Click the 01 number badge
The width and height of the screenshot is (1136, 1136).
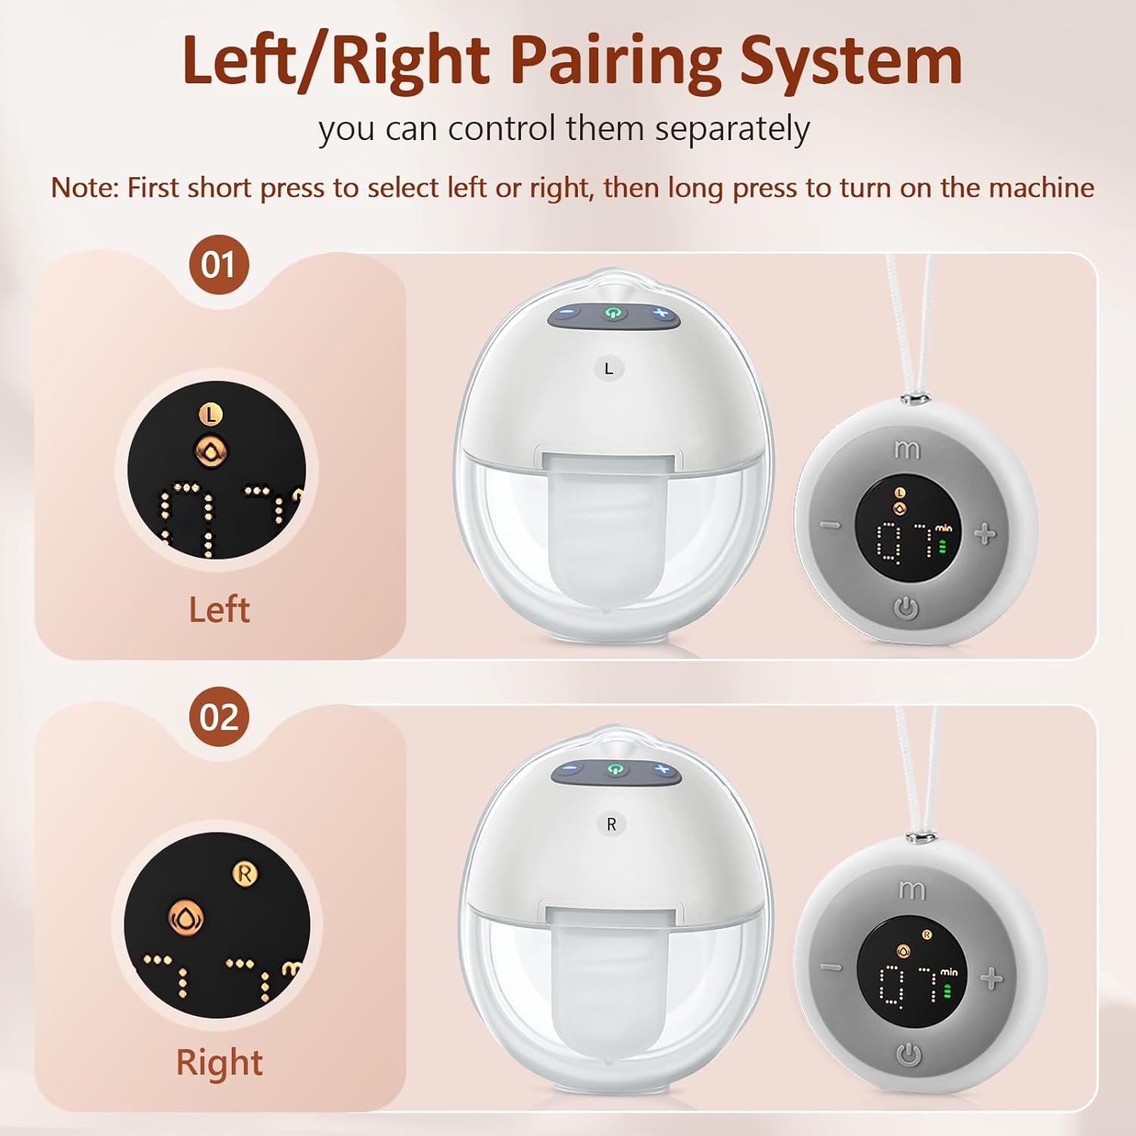[219, 265]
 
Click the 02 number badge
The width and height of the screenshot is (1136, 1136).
[219, 716]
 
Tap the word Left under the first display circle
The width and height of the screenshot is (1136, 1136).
[219, 610]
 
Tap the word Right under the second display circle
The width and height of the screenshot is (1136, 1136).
[219, 1062]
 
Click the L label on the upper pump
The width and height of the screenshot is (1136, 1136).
[609, 369]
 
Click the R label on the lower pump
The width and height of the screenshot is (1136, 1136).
[611, 824]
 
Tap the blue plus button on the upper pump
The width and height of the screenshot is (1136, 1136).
[660, 314]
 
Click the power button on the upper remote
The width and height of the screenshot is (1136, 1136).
[907, 607]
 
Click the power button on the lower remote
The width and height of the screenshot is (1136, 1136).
[909, 1054]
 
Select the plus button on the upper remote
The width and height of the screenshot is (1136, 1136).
[985, 535]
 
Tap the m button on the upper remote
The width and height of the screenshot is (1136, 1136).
[907, 450]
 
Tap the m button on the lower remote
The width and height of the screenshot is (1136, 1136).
[911, 891]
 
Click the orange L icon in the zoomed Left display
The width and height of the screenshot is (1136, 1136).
[211, 414]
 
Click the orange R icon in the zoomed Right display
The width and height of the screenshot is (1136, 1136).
[244, 874]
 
